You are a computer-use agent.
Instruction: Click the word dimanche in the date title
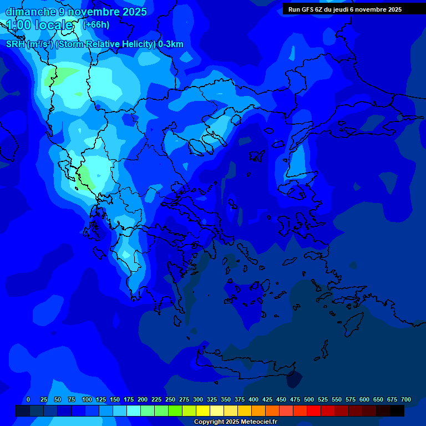coord(30,12)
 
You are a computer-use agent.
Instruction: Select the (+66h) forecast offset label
coord(96,24)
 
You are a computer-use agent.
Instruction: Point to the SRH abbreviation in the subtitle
coord(16,44)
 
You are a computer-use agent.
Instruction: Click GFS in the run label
coord(307,9)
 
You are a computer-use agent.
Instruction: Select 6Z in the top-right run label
coord(318,9)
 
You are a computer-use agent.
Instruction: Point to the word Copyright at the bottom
coord(210,422)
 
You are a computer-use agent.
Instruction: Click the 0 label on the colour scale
coord(28,399)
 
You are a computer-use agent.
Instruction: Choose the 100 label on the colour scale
coord(87,399)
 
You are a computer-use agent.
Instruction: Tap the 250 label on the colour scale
coord(170,399)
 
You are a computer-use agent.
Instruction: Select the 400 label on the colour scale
coord(253,399)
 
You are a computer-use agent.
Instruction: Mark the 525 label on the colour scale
coord(323,399)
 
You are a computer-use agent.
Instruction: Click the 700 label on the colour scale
coord(406,399)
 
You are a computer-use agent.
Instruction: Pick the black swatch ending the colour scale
coord(397,410)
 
